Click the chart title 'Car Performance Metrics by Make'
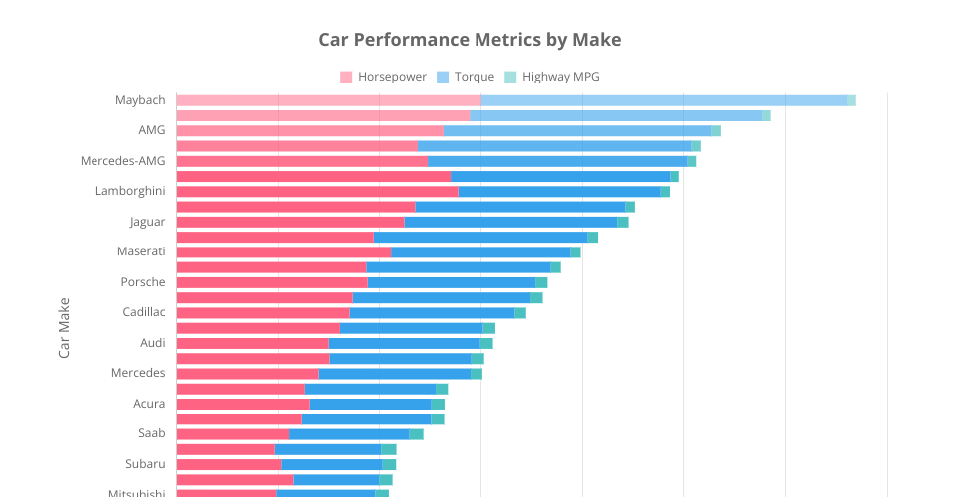(x=470, y=40)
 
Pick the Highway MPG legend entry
(x=551, y=77)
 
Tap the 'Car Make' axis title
(x=65, y=327)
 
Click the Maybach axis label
(x=140, y=100)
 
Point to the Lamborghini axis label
(x=130, y=191)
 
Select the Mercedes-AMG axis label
(x=123, y=161)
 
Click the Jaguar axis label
(x=147, y=222)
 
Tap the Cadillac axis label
(x=144, y=312)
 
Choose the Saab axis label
(x=152, y=433)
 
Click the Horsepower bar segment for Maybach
(x=328, y=100)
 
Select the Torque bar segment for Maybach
(x=664, y=100)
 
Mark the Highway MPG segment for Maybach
(x=851, y=100)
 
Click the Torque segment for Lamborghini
(x=559, y=191)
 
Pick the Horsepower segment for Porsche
(x=272, y=282)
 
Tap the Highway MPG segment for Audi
(x=486, y=343)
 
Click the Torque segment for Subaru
(x=331, y=464)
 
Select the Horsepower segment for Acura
(x=243, y=404)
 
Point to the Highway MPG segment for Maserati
(x=575, y=251)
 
